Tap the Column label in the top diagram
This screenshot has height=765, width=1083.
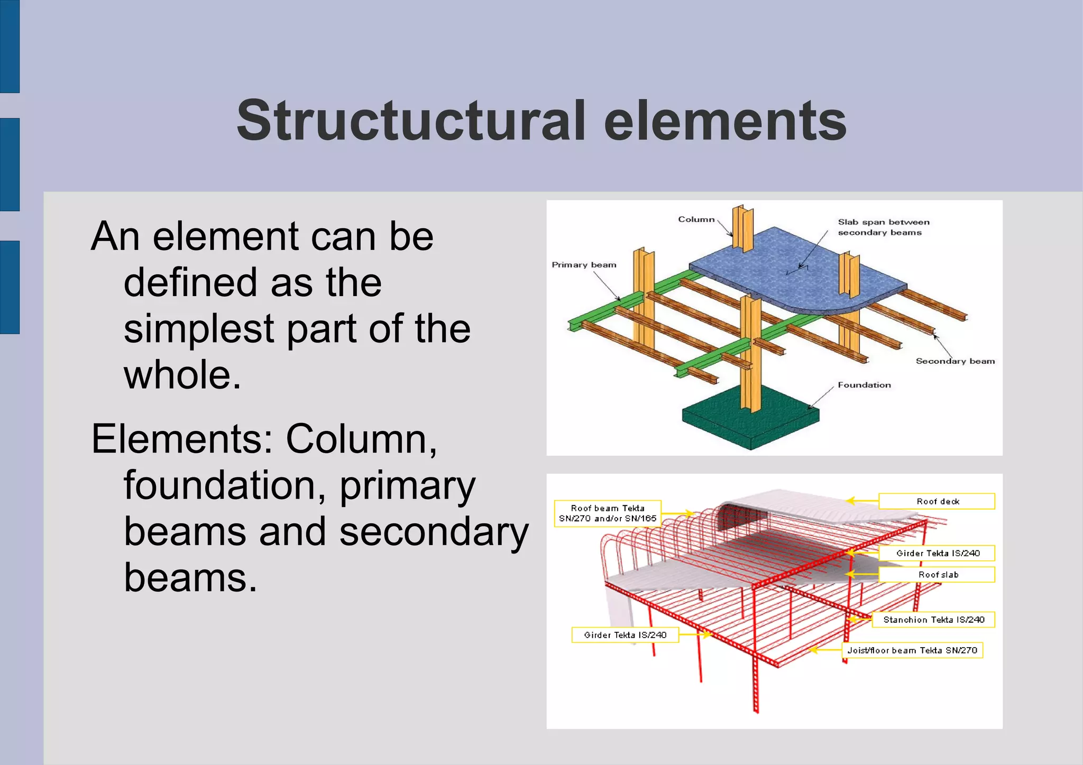coord(696,219)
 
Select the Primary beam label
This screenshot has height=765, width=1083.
coord(584,265)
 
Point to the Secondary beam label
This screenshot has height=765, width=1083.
coord(955,361)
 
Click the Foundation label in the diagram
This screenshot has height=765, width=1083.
coord(864,385)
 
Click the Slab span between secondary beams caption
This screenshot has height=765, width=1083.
coord(883,227)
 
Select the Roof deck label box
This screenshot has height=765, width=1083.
coord(937,501)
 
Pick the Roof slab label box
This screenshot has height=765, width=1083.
coord(937,575)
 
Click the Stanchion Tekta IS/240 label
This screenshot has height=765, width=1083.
coord(933,620)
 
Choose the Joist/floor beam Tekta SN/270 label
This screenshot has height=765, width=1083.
coord(912,650)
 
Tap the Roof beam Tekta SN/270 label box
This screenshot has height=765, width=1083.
coord(607,513)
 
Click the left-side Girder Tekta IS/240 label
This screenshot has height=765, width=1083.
coord(625,635)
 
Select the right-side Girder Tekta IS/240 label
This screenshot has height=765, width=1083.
coord(937,553)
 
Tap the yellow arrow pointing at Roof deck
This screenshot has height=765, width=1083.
coord(861,501)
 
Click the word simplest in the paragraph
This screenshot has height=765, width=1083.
coord(199,328)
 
